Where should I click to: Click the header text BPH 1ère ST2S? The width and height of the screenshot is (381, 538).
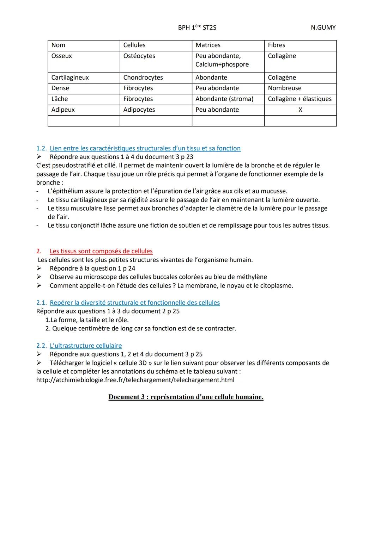click(197, 27)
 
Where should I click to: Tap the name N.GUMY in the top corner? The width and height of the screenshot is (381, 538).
click(323, 27)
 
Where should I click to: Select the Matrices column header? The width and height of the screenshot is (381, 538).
click(208, 45)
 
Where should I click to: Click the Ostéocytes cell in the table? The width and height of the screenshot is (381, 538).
click(139, 56)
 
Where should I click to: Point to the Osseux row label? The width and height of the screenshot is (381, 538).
click(62, 56)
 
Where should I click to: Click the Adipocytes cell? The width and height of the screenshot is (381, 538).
click(139, 110)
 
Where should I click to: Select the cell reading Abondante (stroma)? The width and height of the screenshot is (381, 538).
click(224, 99)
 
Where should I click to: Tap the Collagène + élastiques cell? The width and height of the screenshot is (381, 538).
click(300, 99)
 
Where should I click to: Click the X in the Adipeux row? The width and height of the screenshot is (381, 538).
click(300, 110)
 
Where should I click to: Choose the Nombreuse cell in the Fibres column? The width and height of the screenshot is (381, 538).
click(284, 88)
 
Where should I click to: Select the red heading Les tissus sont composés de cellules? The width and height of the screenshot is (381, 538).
click(101, 251)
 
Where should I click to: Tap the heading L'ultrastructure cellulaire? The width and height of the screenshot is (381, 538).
click(86, 346)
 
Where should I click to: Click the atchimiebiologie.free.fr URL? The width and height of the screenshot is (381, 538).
click(135, 380)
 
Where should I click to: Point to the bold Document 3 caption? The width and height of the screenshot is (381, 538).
click(186, 397)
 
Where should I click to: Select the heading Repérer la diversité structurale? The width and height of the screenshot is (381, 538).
click(134, 303)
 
